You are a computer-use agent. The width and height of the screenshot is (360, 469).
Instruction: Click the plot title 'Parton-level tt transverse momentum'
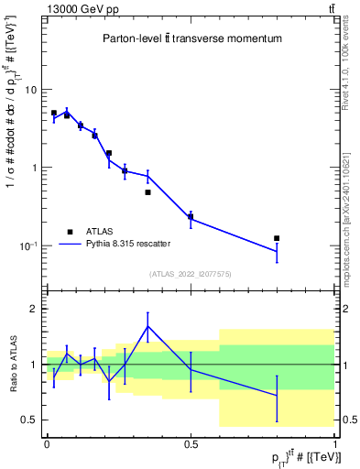pyautogui.click(x=191, y=39)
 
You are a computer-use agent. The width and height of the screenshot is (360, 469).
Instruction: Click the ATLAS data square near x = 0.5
pyautogui.click(x=191, y=216)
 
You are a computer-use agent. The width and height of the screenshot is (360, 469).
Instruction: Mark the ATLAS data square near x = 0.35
pyautogui.click(x=147, y=192)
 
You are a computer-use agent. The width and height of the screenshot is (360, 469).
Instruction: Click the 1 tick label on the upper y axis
pyautogui.click(x=34, y=168)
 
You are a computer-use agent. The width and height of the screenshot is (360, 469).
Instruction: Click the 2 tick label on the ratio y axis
pyautogui.click(x=34, y=309)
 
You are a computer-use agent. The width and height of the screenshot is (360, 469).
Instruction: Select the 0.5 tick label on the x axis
pyautogui.click(x=191, y=443)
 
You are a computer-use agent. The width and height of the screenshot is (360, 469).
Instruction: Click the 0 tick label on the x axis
pyautogui.click(x=47, y=443)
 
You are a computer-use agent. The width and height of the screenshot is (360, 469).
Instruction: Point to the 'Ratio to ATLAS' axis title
pyautogui.click(x=12, y=365)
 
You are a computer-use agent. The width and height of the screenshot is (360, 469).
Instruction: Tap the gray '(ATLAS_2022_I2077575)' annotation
pyautogui.click(x=191, y=273)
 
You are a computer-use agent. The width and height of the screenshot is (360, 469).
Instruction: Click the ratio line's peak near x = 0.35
pyautogui.click(x=147, y=326)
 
